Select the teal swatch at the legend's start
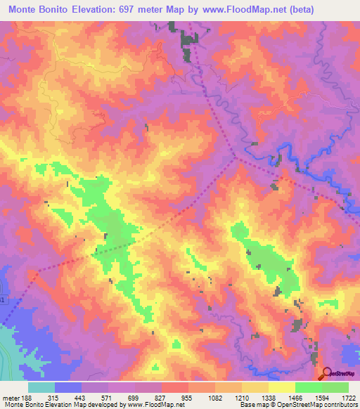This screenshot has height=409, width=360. pyautogui.click(x=41, y=387)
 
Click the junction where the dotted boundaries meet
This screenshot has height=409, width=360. pyautogui.click(x=236, y=157)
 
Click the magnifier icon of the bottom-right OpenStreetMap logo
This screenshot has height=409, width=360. pyautogui.click(x=326, y=372)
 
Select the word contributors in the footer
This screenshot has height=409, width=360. pyautogui.click(x=340, y=405)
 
